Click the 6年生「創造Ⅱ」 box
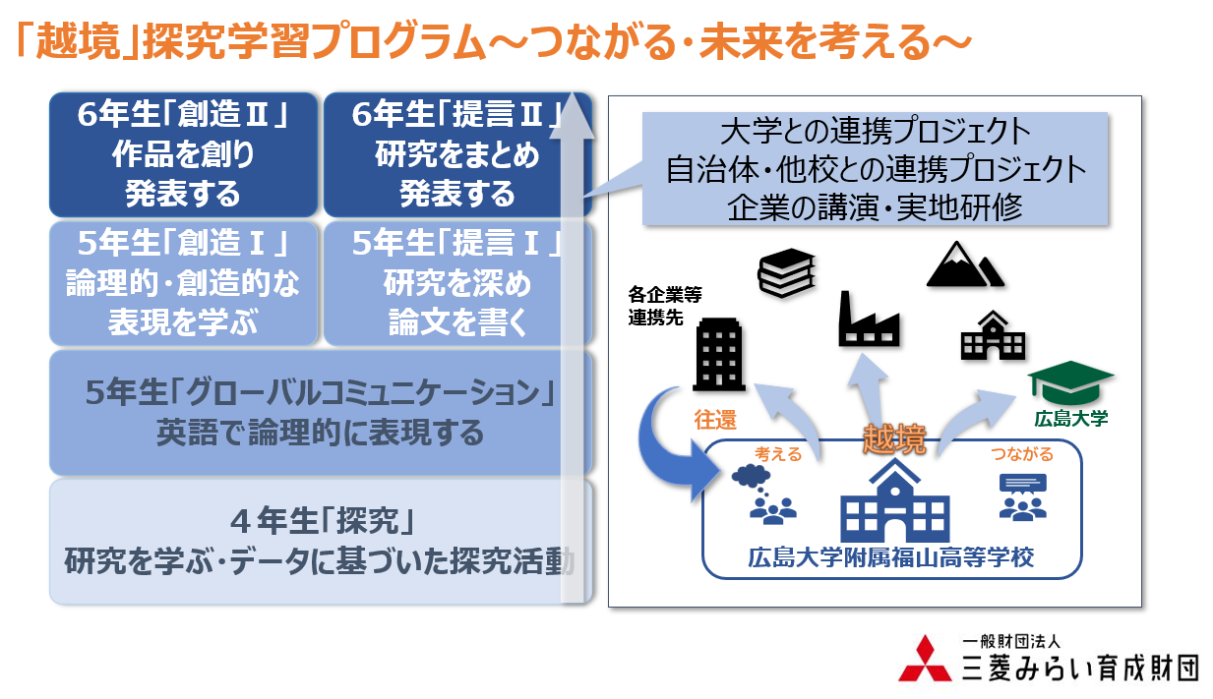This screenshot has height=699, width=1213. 183,154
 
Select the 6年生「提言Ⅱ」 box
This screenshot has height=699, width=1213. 457,154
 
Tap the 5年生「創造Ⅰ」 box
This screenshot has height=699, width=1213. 183,283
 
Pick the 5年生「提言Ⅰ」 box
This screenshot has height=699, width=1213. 457,283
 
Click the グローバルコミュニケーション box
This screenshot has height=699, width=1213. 320,413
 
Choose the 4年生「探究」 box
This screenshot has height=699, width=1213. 320,541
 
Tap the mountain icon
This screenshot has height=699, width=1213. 963,263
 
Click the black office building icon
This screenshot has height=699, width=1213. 723,355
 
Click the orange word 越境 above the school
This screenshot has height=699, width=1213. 894,439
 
